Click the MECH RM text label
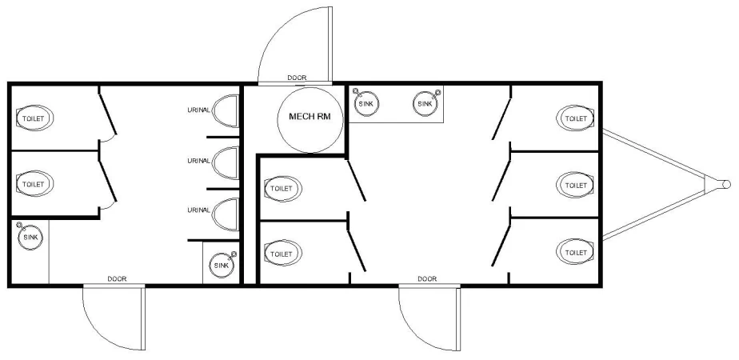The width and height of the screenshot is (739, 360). pyautogui.click(x=309, y=117)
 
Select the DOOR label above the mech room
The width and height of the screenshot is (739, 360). pyautogui.click(x=297, y=78)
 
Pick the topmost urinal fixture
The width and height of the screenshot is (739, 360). pyautogui.click(x=230, y=110)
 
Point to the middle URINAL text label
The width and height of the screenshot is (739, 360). pyautogui.click(x=199, y=160)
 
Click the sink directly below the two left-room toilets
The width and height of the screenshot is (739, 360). pyautogui.click(x=30, y=237)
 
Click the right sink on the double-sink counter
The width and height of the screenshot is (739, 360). pyautogui.click(x=425, y=102)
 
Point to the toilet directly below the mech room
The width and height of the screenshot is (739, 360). pyautogui.click(x=282, y=189)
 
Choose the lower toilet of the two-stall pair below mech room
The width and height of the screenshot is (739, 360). pyautogui.click(x=282, y=254)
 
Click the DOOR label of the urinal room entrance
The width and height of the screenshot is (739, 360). pyautogui.click(x=117, y=278)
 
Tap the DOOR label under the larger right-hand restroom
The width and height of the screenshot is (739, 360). pyautogui.click(x=427, y=278)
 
